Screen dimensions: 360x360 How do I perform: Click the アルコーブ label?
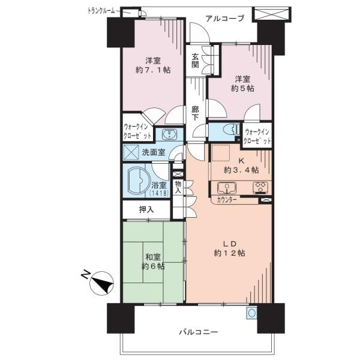(224, 18)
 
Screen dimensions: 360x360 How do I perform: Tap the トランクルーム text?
(101, 11)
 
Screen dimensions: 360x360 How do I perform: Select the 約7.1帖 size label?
(153, 70)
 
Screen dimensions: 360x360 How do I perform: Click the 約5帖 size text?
(242, 88)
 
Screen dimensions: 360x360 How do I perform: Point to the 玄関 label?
(195, 61)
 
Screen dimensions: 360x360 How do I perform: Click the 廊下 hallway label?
(195, 113)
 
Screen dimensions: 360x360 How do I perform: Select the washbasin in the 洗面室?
(169, 134)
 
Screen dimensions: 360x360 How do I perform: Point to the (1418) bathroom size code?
(159, 193)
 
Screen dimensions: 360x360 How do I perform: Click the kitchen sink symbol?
(227, 188)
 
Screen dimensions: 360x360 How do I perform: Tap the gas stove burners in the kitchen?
(260, 187)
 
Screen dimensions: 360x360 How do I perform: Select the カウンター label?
(227, 200)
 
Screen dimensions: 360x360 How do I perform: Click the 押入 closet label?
(146, 209)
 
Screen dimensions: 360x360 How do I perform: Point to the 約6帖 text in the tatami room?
(153, 266)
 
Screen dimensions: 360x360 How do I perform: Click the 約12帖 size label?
(229, 253)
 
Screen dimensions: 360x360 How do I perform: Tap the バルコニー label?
(199, 332)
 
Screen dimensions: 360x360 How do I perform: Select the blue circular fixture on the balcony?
(251, 313)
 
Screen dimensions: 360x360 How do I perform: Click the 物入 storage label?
(178, 187)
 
